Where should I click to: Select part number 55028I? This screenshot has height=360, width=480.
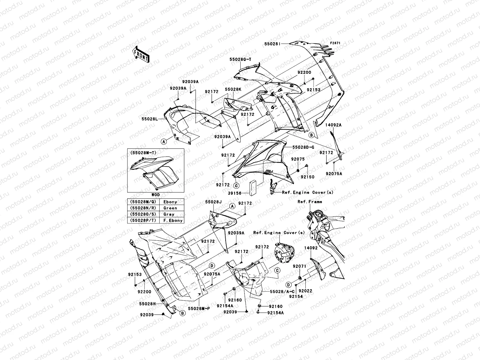[x=272, y=44]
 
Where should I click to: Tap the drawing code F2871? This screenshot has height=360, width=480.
[x=336, y=43]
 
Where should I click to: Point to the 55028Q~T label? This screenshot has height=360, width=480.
[x=240, y=60]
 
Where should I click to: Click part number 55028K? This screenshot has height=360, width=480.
[x=233, y=90]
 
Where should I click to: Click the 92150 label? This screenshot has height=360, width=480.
[x=308, y=177]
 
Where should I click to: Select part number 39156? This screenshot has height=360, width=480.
[x=235, y=193]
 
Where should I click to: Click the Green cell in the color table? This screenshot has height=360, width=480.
[x=170, y=208]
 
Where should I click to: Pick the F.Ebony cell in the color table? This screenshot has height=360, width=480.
[x=173, y=220]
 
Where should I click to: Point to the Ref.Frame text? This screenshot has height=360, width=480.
[x=310, y=202]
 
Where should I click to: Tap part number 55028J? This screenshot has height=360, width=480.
[x=213, y=202]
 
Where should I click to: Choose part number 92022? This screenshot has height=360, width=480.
[x=306, y=291]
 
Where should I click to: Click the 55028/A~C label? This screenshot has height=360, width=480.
[x=282, y=291]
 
